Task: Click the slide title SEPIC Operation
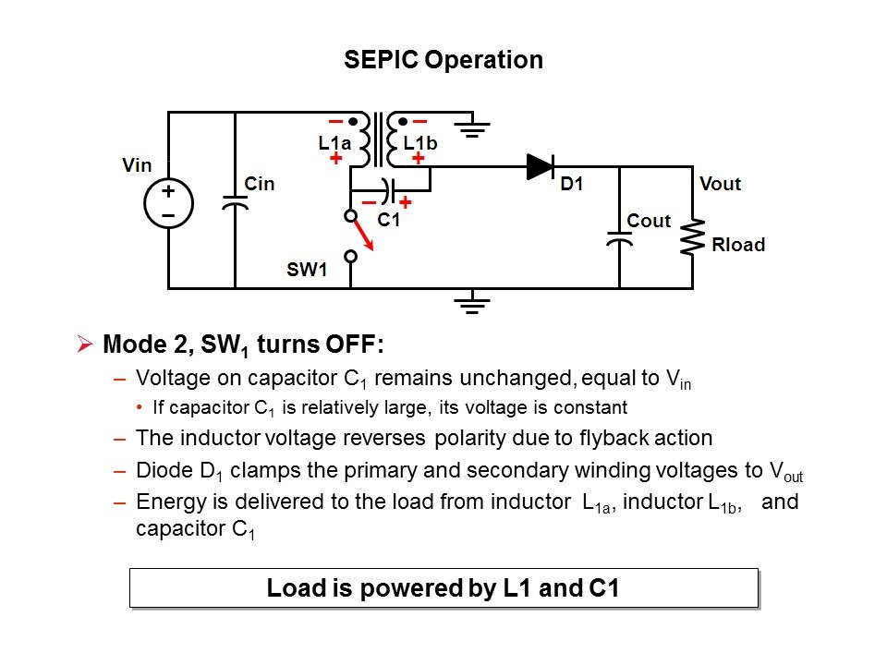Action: coord(443,61)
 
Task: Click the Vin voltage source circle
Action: coord(168,202)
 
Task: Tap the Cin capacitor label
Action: coord(260,184)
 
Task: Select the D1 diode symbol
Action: coord(541,166)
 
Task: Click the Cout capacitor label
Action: coord(649,221)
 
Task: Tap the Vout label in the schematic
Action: coord(721,184)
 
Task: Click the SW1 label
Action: coord(307,271)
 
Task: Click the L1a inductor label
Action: coord(334,143)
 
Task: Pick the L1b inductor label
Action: coord(420,143)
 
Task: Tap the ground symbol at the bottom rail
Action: coord(473,303)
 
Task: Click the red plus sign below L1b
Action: coord(418,159)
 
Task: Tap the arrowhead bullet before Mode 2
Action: coord(85,345)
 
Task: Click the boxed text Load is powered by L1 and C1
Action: coord(443,588)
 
